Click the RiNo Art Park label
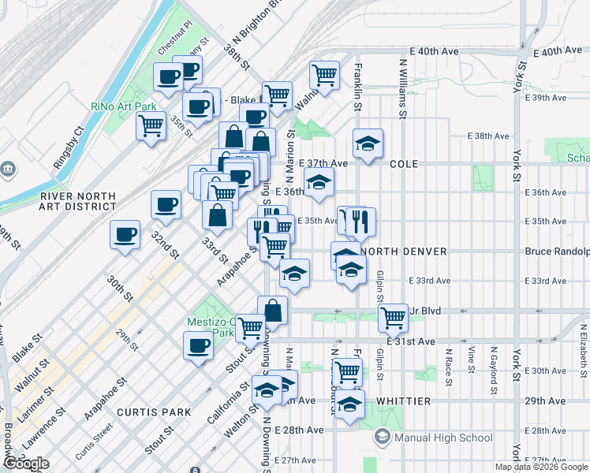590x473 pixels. (123, 106)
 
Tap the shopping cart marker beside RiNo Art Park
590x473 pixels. (151, 125)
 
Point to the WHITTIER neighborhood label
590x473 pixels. (403, 401)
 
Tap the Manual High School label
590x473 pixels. (443, 438)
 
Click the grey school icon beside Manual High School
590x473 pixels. (383, 437)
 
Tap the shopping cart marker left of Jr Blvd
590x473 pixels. (393, 318)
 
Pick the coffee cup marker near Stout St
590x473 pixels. (199, 345)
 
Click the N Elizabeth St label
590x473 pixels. (583, 348)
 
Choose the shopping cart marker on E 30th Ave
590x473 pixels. (346, 371)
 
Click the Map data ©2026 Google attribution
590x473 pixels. (541, 467)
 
